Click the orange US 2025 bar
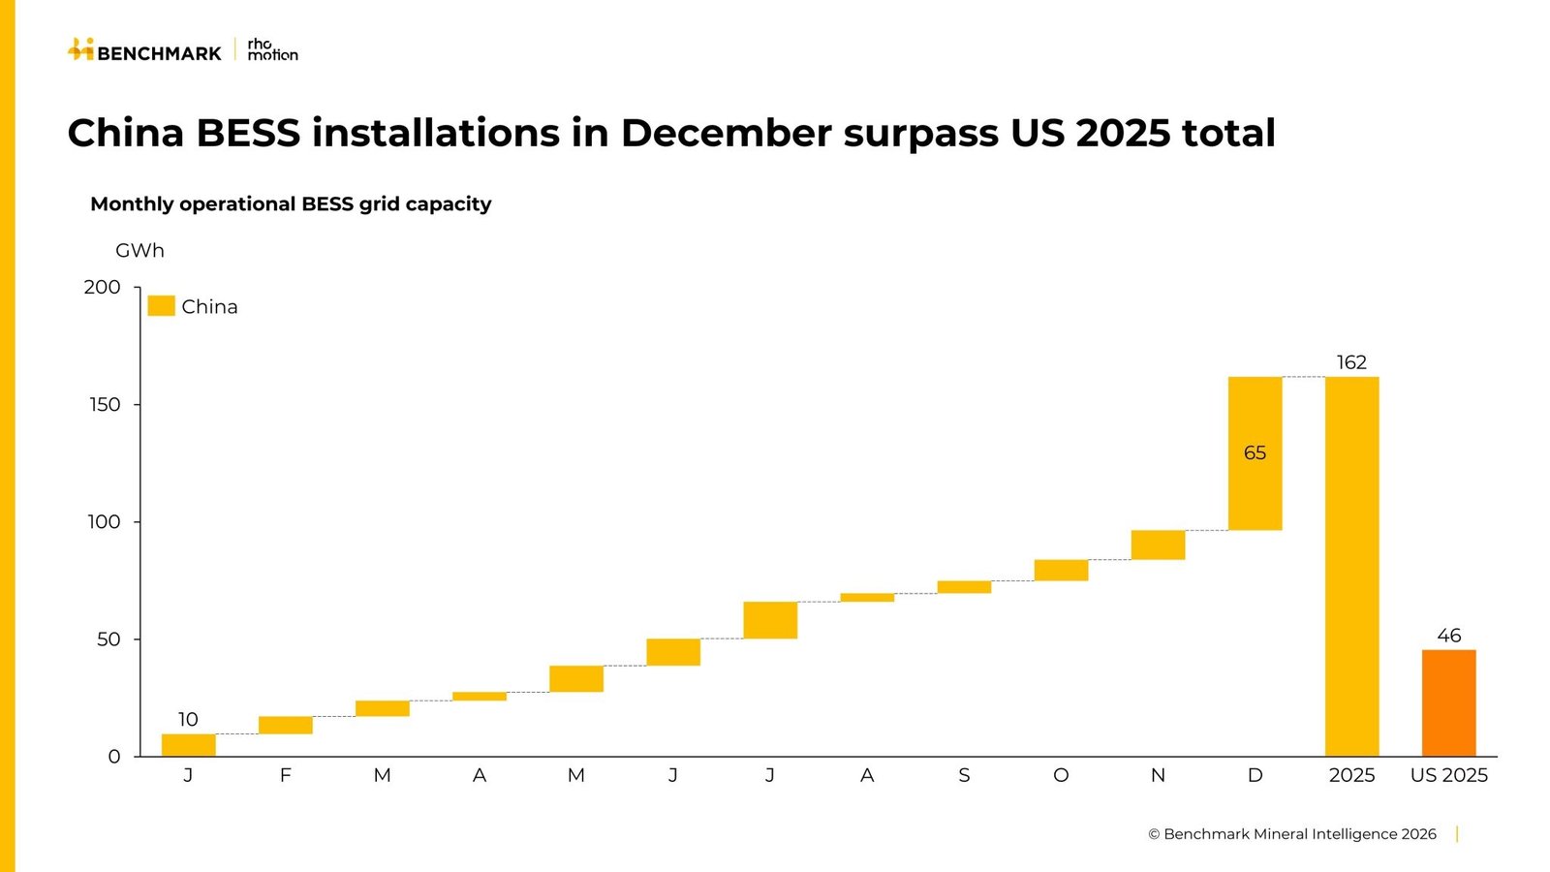click(x=1448, y=702)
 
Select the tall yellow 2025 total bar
click(x=1351, y=567)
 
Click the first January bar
click(x=188, y=745)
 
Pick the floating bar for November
click(x=1158, y=545)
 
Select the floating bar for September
click(x=964, y=587)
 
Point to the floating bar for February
click(x=285, y=725)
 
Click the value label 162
click(x=1351, y=362)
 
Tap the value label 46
click(x=1448, y=636)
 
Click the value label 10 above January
click(x=188, y=719)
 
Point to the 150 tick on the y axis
click(x=105, y=405)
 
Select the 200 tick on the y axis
click(x=103, y=287)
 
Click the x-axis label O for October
click(x=1061, y=775)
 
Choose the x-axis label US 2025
click(x=1448, y=775)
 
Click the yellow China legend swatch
click(x=161, y=306)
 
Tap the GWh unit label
click(x=139, y=250)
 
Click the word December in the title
click(x=726, y=133)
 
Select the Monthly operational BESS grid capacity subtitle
click(x=291, y=203)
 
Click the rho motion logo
click(x=272, y=49)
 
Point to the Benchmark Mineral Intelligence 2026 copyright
click(x=1291, y=834)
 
